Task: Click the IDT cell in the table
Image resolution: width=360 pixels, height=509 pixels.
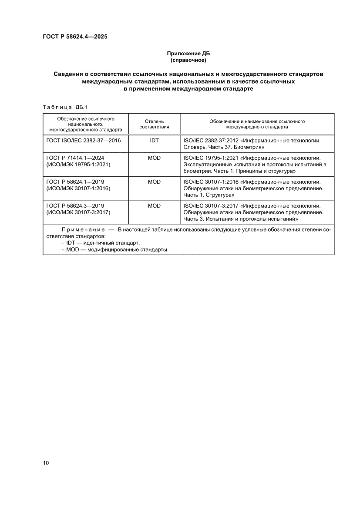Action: (x=154, y=141)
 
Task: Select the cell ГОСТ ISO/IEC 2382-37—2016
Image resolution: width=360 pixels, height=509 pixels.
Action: (x=84, y=141)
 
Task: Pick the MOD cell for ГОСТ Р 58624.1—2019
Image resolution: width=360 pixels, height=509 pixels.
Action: (x=154, y=182)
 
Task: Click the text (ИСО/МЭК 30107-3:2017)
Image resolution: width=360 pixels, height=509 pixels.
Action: (x=78, y=212)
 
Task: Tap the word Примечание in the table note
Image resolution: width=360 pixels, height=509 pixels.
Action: (x=83, y=229)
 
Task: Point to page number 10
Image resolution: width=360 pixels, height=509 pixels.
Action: (x=46, y=463)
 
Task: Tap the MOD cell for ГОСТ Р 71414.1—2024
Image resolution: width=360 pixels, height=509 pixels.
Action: (x=154, y=158)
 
